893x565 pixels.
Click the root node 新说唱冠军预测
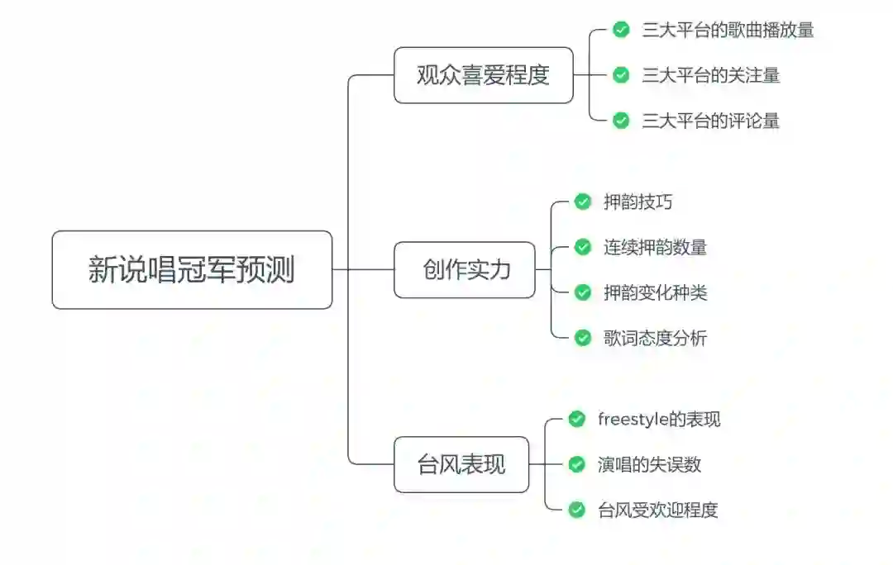click(x=192, y=270)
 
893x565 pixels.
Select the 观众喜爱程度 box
click(x=483, y=75)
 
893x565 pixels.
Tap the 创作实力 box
click(x=465, y=270)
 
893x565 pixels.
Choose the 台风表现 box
click(x=461, y=464)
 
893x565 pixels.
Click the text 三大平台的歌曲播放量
click(x=728, y=30)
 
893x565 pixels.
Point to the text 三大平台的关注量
click(x=710, y=75)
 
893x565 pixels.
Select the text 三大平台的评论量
click(x=710, y=121)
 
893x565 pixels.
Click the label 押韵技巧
click(x=632, y=202)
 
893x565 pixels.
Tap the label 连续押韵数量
click(x=655, y=247)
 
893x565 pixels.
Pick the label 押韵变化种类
click(x=655, y=292)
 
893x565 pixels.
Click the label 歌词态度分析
click(x=655, y=337)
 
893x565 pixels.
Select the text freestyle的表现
click(x=659, y=419)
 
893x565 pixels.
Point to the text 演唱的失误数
click(x=649, y=464)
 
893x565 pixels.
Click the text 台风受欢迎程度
click(x=657, y=510)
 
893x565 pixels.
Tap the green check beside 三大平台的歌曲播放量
click(x=621, y=30)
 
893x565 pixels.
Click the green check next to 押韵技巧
click(x=583, y=202)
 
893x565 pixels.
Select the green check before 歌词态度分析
click(x=583, y=337)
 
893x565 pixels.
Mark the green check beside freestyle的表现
click(x=577, y=419)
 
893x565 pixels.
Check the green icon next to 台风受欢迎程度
click(x=577, y=510)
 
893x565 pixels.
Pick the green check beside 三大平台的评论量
click(x=621, y=121)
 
